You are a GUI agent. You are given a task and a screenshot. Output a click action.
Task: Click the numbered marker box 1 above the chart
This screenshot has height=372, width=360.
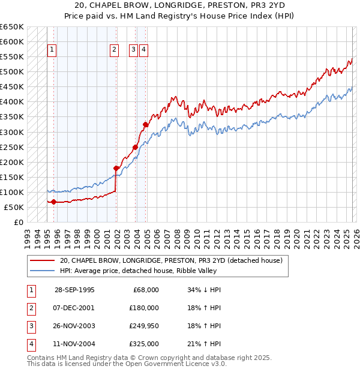52,51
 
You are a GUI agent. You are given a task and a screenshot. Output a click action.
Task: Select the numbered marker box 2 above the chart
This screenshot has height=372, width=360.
114,51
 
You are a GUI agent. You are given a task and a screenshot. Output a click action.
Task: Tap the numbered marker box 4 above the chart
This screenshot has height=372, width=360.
144,51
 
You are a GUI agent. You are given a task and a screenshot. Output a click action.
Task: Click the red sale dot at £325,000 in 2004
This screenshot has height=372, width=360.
145,125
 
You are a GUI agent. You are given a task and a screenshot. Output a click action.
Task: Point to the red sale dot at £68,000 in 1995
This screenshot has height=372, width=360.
54,202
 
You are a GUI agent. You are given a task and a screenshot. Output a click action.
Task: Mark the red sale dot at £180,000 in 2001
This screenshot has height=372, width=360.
116,168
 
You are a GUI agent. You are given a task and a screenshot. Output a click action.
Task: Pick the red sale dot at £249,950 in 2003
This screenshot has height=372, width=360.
136,147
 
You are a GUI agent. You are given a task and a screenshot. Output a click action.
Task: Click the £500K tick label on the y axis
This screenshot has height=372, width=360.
12,72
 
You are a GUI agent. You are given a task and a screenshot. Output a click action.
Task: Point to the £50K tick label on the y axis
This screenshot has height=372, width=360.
14,207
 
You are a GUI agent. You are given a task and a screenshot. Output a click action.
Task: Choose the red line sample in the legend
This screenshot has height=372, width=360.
43,260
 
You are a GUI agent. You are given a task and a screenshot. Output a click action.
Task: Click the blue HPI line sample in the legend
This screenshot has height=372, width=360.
43,271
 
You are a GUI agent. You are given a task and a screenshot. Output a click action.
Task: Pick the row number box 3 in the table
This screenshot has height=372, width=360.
31,326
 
